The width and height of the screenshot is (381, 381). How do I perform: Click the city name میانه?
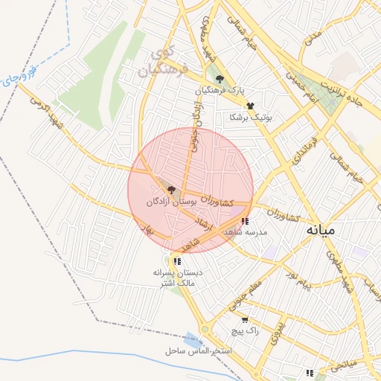click(321, 230)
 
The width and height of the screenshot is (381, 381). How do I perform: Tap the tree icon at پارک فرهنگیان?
click(219, 79)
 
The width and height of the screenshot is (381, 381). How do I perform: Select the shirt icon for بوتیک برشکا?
click(250, 106)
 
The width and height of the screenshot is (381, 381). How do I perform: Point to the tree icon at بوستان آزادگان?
click(172, 190)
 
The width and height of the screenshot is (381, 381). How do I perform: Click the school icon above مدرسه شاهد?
click(246, 220)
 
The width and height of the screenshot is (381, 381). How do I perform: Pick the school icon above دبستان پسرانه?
click(177, 260)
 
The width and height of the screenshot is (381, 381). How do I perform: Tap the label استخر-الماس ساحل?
click(199, 350)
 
